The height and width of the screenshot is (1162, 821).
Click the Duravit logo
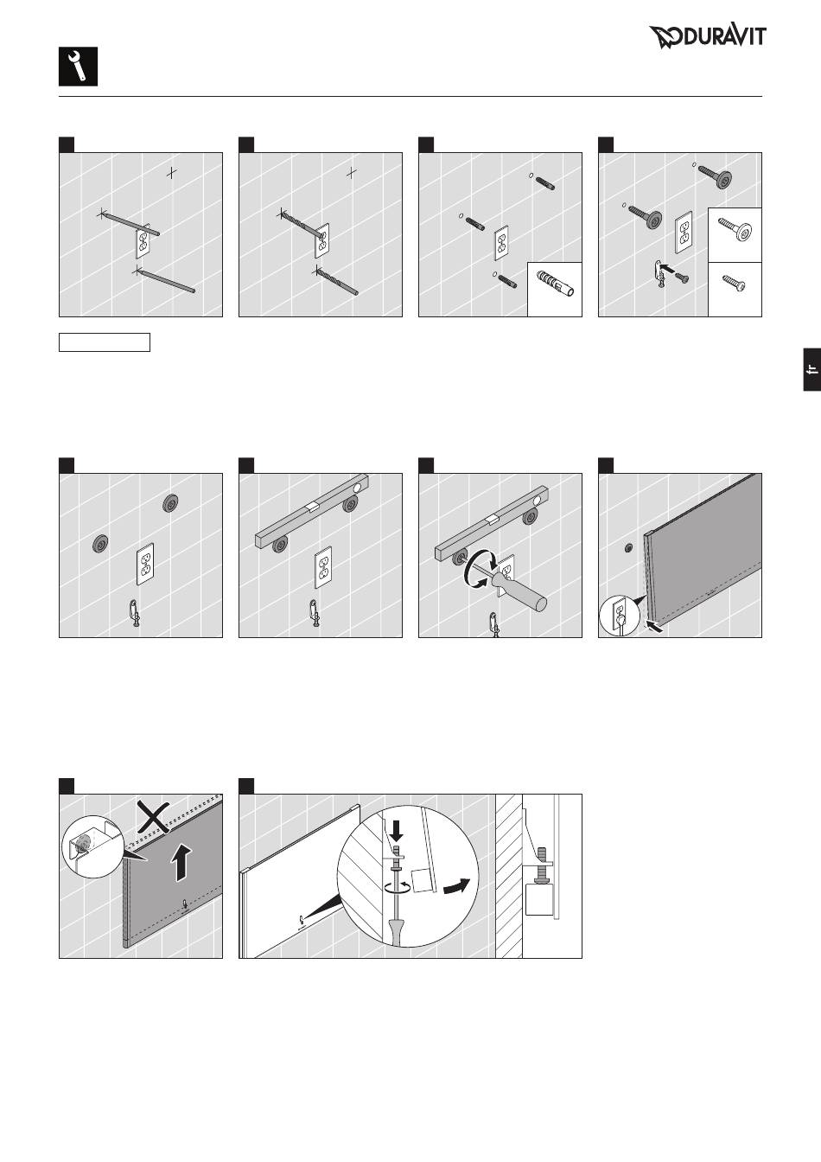tap(708, 37)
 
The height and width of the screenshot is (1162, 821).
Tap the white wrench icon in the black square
tap(78, 67)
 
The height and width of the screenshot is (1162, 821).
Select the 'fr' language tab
tap(812, 369)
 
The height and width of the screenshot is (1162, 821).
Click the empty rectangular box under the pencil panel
tap(105, 342)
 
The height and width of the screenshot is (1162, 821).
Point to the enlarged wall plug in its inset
tap(555, 284)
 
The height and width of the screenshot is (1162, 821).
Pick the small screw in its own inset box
tap(735, 283)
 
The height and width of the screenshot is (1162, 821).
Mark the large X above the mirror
tap(153, 816)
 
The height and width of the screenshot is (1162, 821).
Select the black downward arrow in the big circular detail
tap(397, 831)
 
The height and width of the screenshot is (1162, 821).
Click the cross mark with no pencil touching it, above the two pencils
tap(172, 173)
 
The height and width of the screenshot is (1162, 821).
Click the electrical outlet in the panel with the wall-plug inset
tap(501, 243)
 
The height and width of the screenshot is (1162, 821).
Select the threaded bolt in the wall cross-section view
tap(543, 865)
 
